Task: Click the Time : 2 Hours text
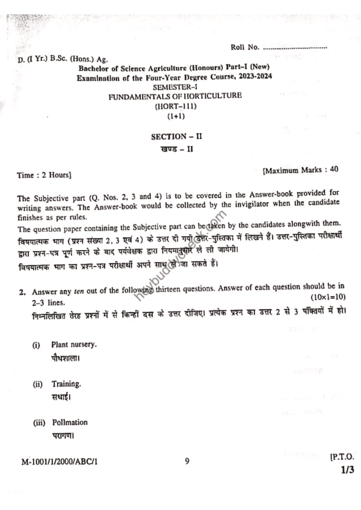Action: tap(44, 175)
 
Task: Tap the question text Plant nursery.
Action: tap(74, 345)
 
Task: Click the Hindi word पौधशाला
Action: tap(66, 358)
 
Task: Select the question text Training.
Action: tap(66, 384)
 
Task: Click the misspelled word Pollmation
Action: tap(70, 422)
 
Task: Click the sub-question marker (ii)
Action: tap(38, 384)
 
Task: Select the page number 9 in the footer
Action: tap(186, 461)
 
